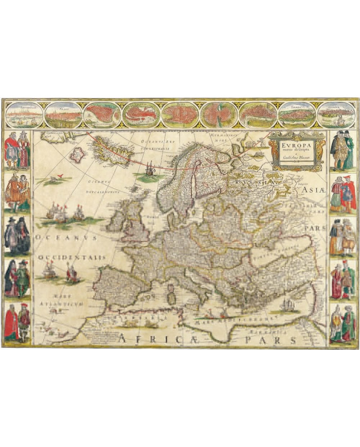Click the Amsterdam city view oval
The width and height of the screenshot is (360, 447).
click(24, 114)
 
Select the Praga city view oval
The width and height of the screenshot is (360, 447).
click(63, 114)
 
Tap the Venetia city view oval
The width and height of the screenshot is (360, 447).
click(141, 114)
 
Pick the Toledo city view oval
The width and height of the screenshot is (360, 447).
click(297, 114)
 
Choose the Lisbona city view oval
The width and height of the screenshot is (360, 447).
click(336, 114)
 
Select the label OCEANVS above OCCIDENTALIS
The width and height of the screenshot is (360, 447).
click(66, 238)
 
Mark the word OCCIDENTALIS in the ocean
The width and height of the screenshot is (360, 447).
click(71, 257)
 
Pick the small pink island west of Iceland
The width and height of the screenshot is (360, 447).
click(77, 155)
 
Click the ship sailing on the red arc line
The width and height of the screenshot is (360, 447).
click(149, 168)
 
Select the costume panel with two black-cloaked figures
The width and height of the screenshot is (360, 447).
click(17, 235)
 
